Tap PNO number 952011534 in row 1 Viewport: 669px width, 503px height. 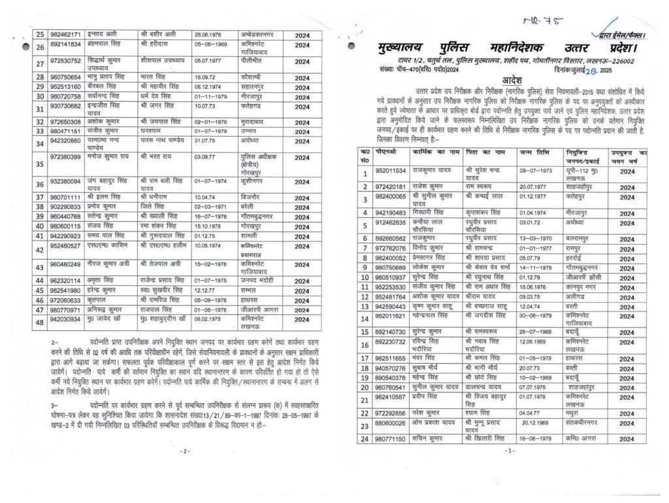click(x=391, y=171)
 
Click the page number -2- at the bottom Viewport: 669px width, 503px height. click(x=184, y=451)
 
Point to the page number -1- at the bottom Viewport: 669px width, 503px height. click(x=510, y=451)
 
